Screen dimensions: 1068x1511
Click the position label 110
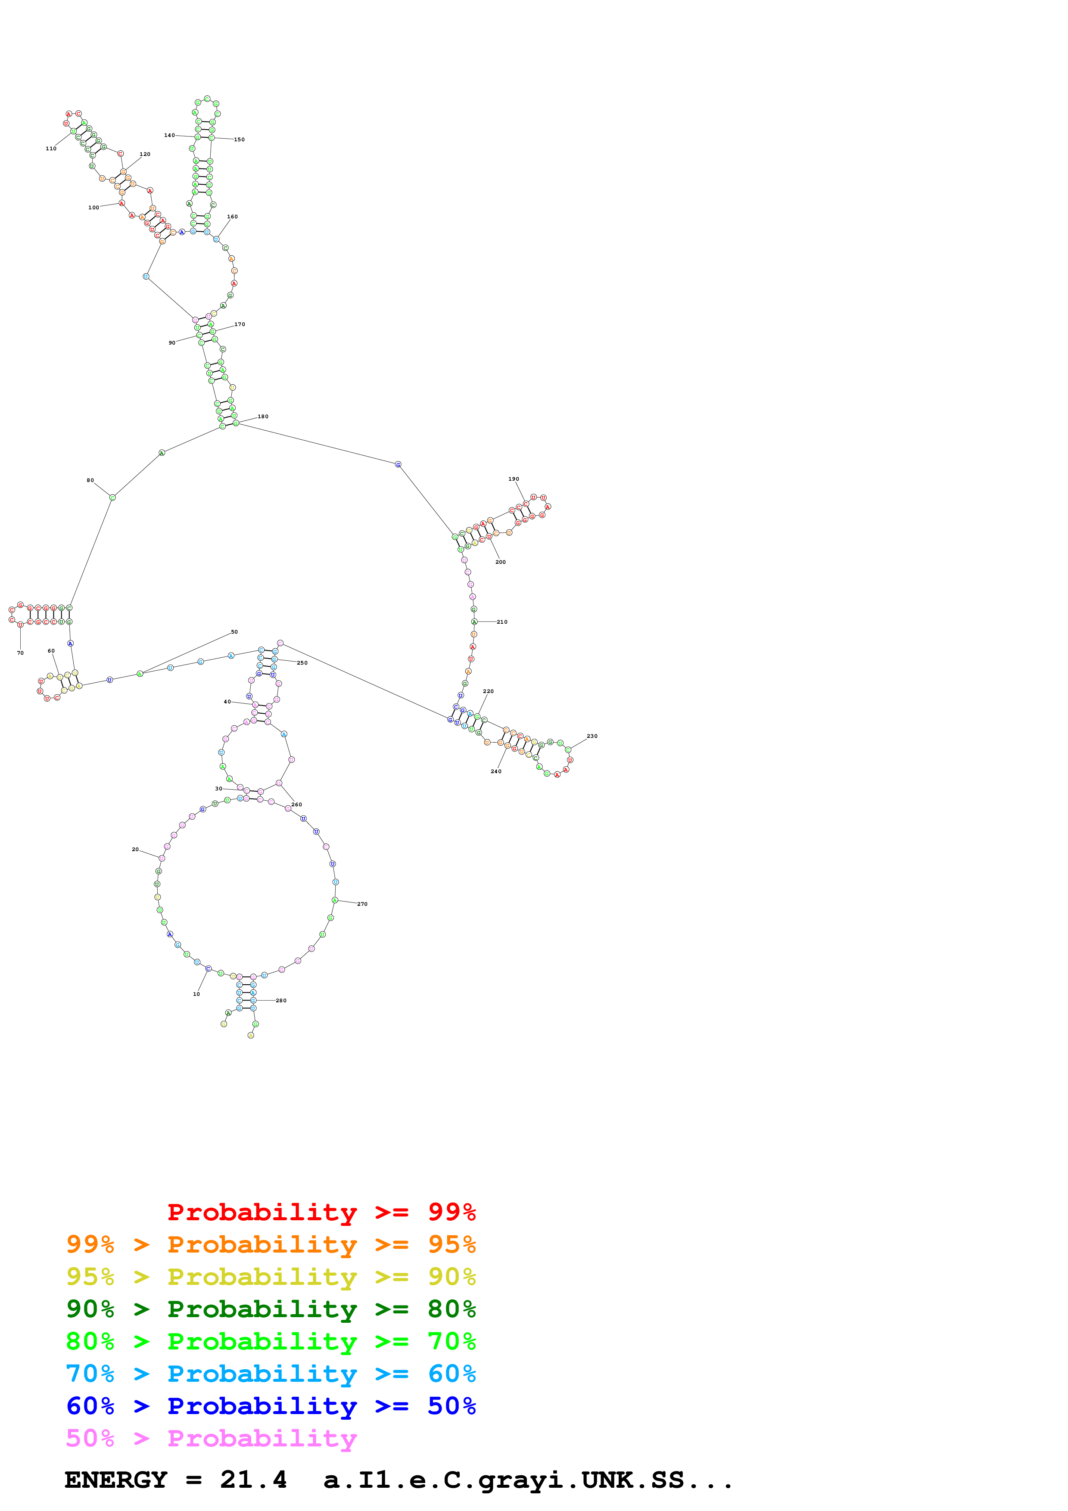[51, 149]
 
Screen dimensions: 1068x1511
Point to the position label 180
[262, 417]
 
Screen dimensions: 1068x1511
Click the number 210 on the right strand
[502, 622]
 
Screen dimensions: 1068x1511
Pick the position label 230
[592, 737]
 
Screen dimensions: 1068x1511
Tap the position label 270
[362, 904]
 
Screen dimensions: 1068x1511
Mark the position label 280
[281, 1000]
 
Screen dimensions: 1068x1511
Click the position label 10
[196, 994]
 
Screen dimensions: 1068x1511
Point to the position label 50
[234, 632]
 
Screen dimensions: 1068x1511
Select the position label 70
[20, 653]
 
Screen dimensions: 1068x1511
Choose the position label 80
[90, 480]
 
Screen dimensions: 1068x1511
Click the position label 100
[93, 207]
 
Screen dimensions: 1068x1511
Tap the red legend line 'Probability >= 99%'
[321, 1212]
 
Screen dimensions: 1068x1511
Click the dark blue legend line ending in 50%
[271, 1406]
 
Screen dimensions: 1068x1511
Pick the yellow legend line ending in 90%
[271, 1277]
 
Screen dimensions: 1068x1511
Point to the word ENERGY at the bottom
[116, 1480]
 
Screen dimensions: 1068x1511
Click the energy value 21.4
[253, 1480]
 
